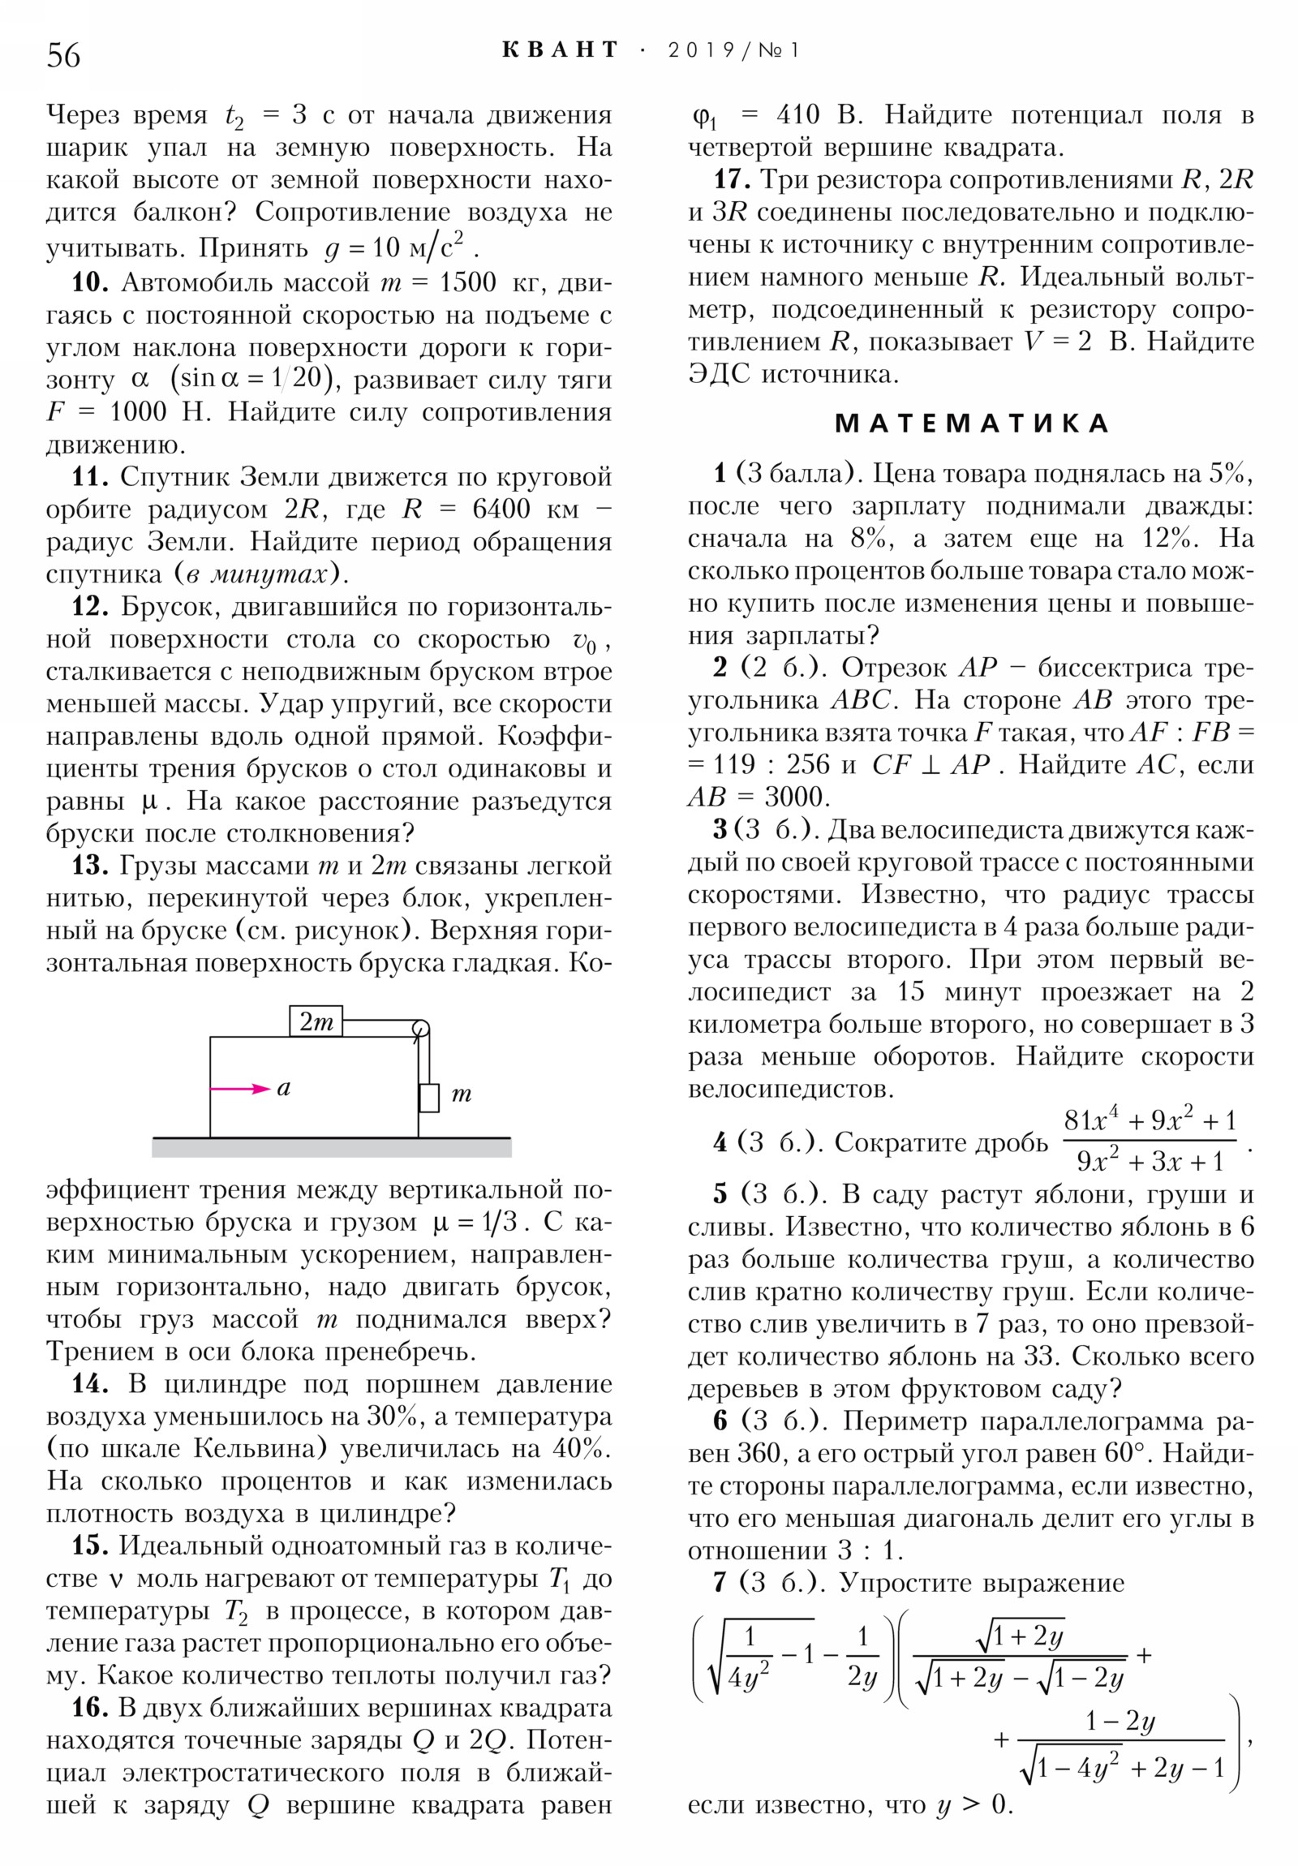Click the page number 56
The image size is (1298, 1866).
point(63,56)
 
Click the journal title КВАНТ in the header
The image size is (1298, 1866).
point(560,50)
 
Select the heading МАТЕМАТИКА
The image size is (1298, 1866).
point(971,424)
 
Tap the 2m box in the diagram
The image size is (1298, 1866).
point(316,1021)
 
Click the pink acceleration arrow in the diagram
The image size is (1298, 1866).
point(240,1088)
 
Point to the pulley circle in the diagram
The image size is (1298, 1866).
point(420,1030)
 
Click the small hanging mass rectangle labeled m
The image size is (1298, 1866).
point(429,1097)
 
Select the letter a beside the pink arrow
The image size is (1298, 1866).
point(284,1088)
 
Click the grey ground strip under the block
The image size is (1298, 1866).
point(332,1146)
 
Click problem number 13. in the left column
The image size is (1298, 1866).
point(90,866)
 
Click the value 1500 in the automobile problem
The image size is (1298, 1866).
point(467,282)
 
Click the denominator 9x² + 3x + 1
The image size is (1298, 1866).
point(1150,1161)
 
